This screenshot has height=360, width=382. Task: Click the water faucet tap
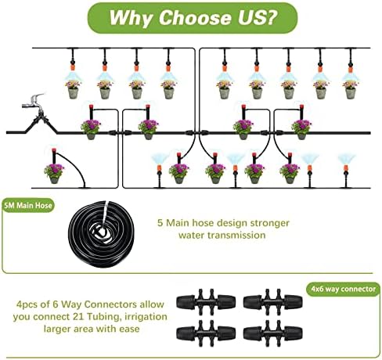[x=34, y=102]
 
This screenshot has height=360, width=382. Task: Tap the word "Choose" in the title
[x=195, y=17]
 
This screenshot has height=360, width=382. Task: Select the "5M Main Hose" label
[x=28, y=205]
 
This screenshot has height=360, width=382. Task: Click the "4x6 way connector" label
[x=343, y=289]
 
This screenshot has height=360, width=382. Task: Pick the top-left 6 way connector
[x=206, y=302]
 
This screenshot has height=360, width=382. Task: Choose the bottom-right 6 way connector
[x=272, y=333]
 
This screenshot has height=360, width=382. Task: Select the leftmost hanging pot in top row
[x=73, y=89]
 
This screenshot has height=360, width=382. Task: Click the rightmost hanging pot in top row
[x=351, y=89]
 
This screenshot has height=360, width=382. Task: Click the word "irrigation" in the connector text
[x=146, y=317]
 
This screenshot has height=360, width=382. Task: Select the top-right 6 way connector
[x=272, y=302]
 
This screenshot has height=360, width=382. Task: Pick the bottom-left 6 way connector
[x=206, y=333]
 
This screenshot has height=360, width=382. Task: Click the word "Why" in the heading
[x=132, y=18]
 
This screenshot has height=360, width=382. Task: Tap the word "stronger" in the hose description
[x=270, y=224]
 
